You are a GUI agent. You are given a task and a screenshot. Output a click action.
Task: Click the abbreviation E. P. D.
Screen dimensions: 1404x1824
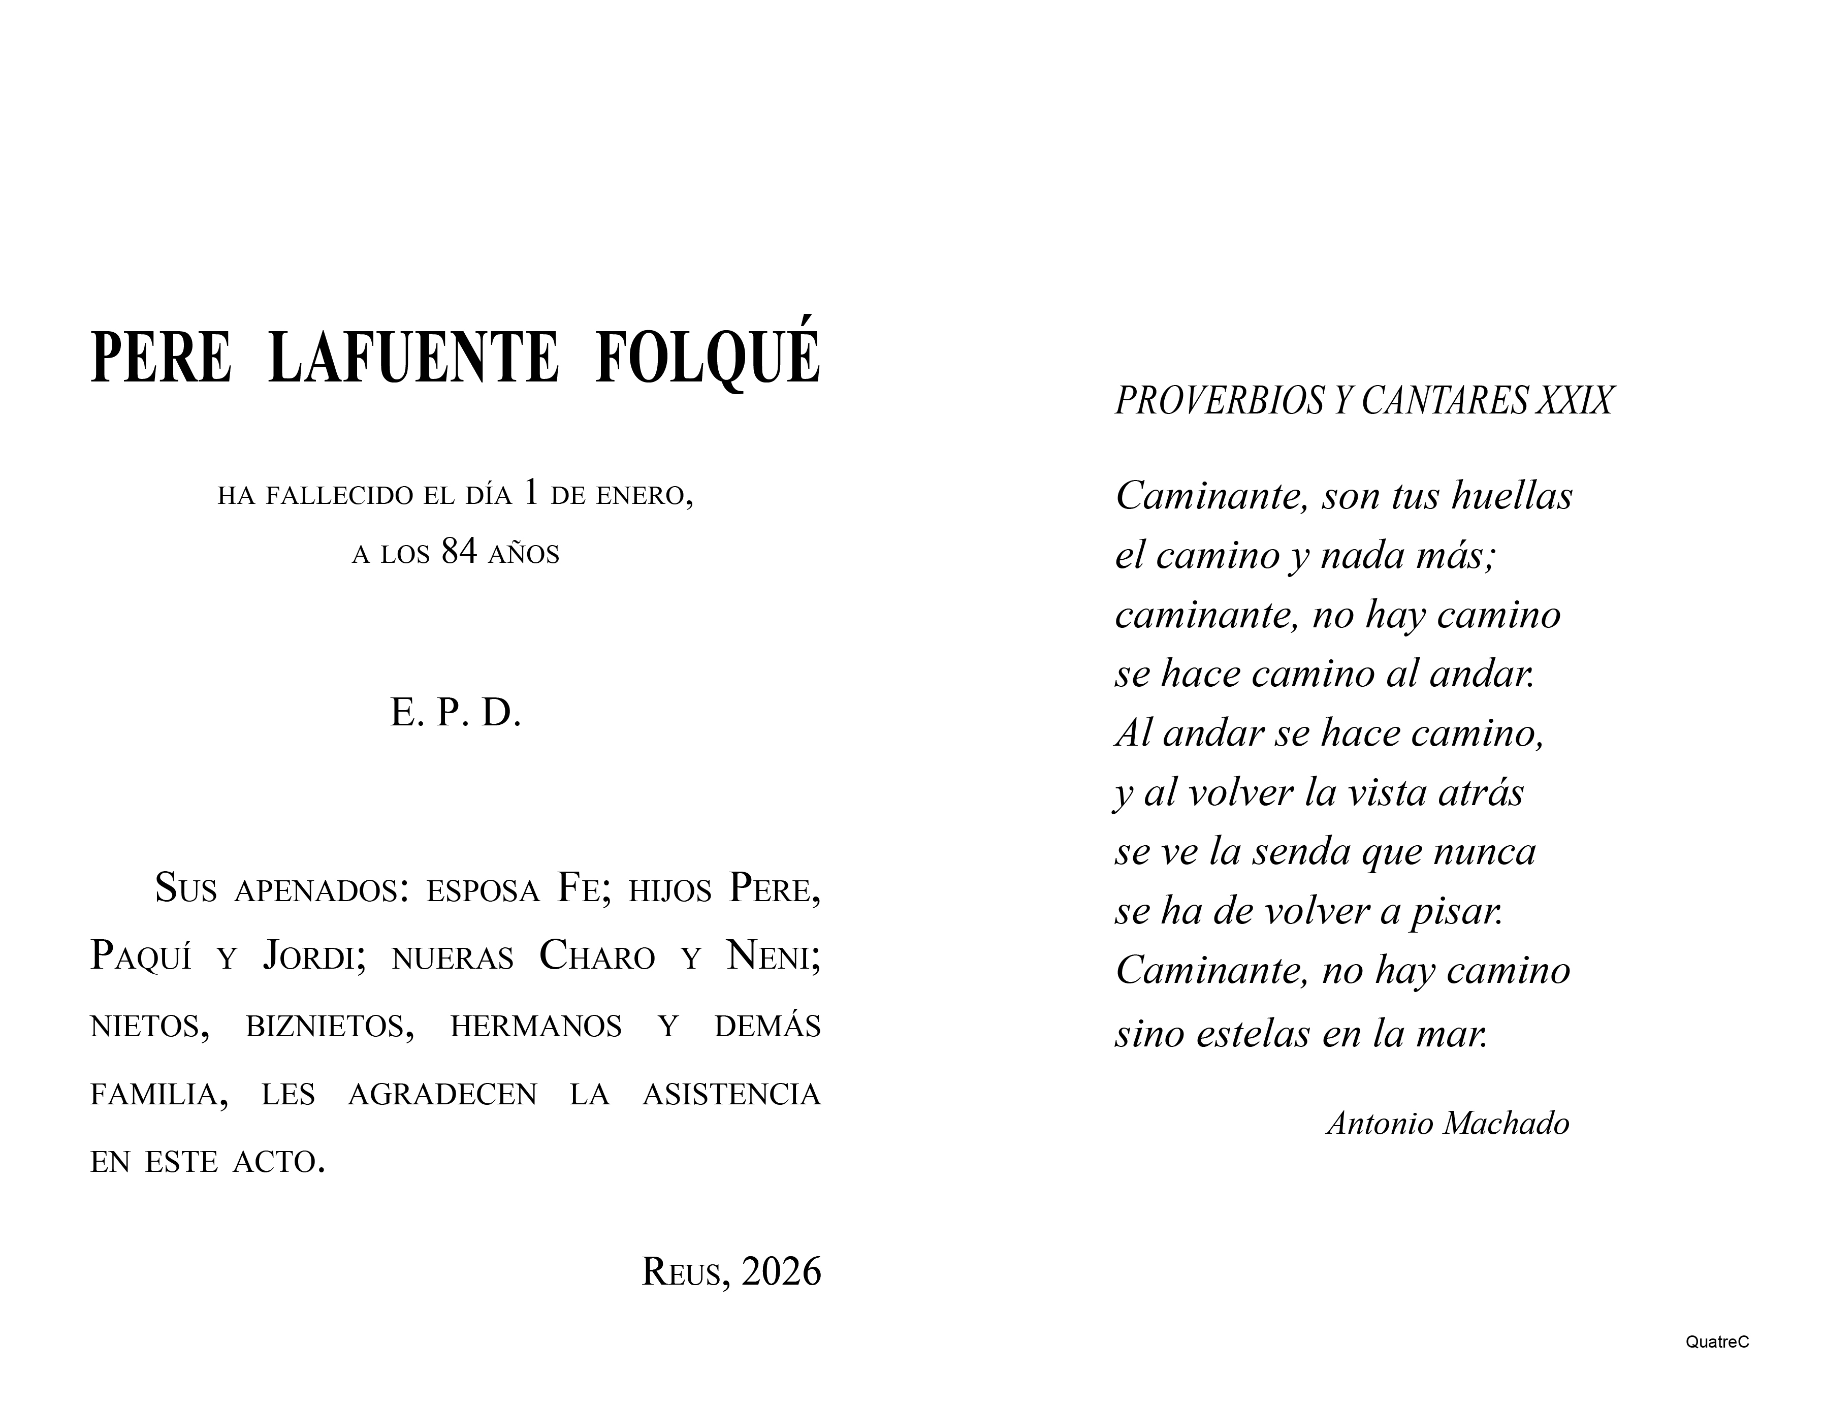click(455, 713)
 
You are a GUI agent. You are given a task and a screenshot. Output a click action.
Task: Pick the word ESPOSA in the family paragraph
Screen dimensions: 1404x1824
click(483, 890)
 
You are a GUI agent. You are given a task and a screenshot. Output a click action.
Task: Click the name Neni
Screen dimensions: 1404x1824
click(773, 956)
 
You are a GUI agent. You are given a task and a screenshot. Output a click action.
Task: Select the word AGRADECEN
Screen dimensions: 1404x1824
click(442, 1094)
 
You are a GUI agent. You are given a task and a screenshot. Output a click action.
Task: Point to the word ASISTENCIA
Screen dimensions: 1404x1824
click(731, 1094)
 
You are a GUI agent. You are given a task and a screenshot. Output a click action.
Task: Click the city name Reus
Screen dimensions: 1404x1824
click(681, 1272)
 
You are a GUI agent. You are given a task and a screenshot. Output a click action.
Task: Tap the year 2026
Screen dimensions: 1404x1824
click(781, 1271)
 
